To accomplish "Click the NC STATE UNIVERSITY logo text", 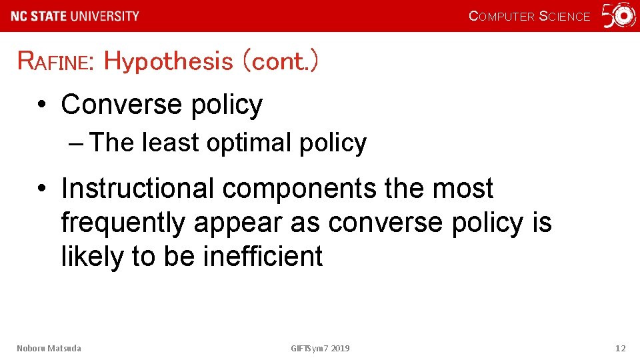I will tap(75, 16).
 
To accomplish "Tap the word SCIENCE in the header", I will tap(564, 17).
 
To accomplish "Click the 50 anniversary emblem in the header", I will tap(619, 16).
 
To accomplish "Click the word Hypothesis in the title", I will tap(168, 61).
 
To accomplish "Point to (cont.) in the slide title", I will tap(280, 61).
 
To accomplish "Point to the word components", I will tap(299, 190).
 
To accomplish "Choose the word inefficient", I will tap(263, 256).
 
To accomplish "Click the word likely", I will tap(93, 257).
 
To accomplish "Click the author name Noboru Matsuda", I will tap(49, 348).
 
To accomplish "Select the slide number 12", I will tap(620, 348).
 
